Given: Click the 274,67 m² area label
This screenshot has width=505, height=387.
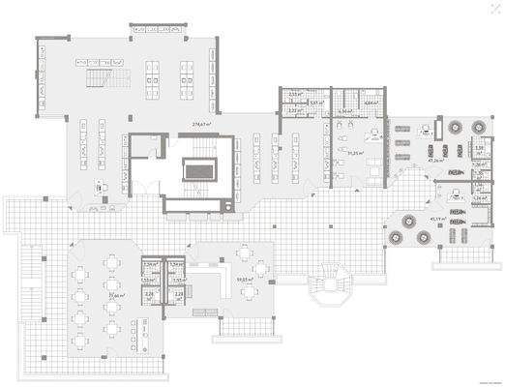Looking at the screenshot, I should (x=201, y=125).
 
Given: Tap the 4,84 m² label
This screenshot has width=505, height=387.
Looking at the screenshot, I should (x=371, y=102).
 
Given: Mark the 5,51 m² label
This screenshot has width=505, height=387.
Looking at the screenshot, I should (x=316, y=102).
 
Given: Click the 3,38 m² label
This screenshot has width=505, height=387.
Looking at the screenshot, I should (x=479, y=147).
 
